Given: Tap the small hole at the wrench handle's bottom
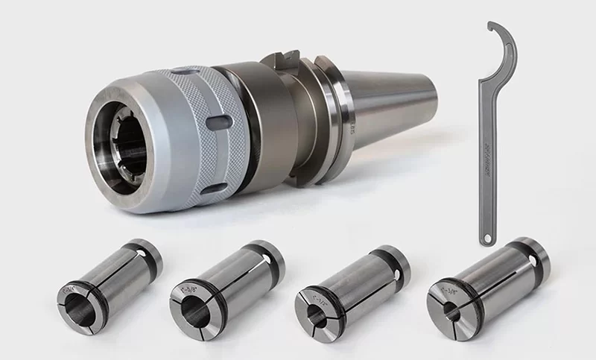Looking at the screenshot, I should click(x=486, y=239).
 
